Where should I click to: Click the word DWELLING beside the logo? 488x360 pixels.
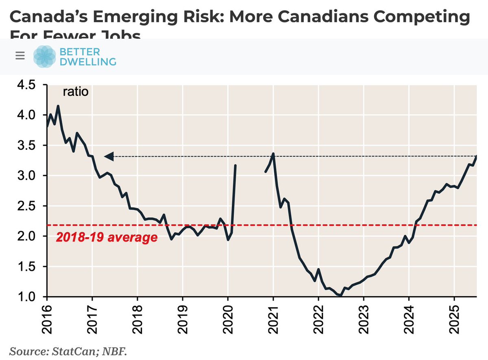pos(88,61)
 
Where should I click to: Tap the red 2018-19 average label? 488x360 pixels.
pos(106,237)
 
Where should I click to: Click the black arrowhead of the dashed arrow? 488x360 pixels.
pos(108,156)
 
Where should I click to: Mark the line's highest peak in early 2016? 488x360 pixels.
pos(58,106)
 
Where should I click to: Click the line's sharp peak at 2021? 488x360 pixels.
pos(273,154)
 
